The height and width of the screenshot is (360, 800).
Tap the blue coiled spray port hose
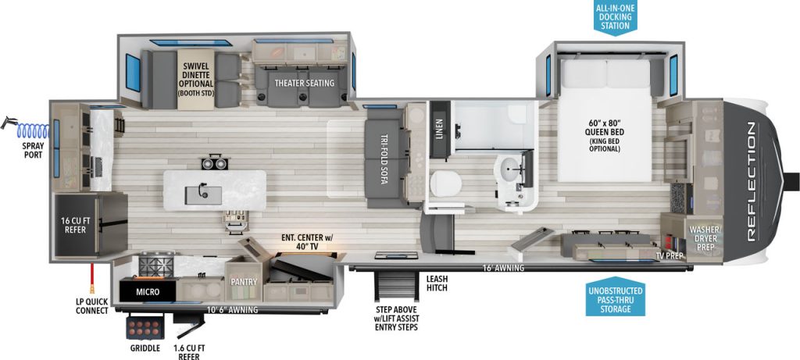[x=33, y=131]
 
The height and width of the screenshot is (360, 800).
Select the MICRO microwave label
[x=148, y=292]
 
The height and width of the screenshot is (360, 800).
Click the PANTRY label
[x=244, y=281]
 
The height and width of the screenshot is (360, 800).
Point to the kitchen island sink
[x=203, y=194]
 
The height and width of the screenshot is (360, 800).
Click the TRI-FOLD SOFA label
[x=382, y=158]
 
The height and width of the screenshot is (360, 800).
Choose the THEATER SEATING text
[x=304, y=83]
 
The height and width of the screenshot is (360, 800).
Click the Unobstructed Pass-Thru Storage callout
[x=616, y=299]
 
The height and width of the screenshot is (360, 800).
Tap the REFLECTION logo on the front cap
[x=752, y=181]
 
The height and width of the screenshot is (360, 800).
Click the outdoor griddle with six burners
[x=145, y=327]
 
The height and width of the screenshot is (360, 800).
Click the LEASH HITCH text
[x=436, y=283]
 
